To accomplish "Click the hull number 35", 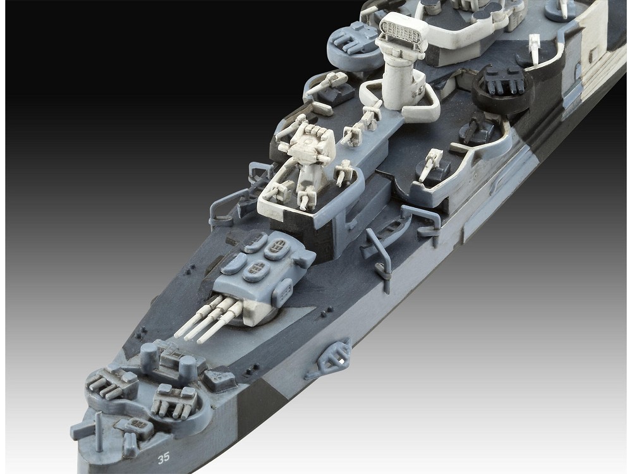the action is (164, 457).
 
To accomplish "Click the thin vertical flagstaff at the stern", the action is (99, 432).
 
